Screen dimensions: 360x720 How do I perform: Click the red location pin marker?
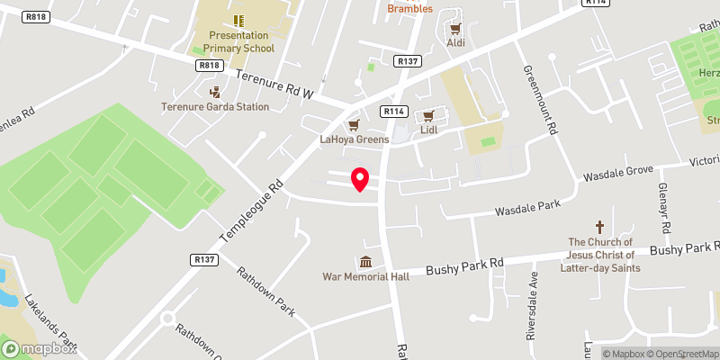360,179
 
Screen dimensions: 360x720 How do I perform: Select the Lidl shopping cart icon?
429,115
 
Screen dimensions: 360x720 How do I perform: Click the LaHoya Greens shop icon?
355,124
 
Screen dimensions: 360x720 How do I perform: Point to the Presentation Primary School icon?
238,20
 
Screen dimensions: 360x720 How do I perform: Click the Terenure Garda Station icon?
215,91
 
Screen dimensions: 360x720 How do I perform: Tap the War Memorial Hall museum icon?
365,262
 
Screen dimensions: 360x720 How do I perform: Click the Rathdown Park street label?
266,291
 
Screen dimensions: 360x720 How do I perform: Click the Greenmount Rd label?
538,99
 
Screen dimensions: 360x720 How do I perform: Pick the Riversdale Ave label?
533,306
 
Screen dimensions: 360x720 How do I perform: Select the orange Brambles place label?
410,9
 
